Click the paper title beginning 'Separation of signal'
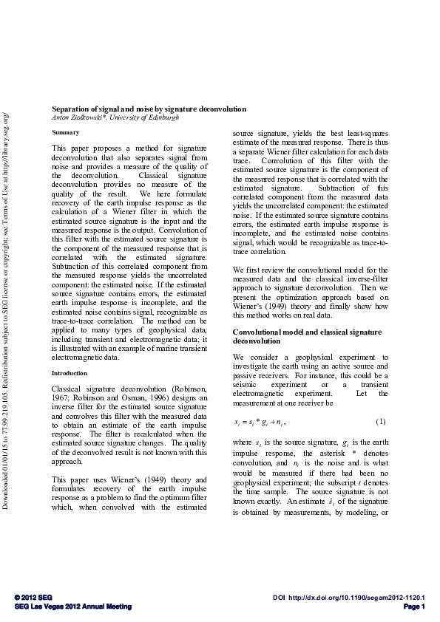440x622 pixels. coord(148,109)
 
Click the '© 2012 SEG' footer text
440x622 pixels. coord(33,596)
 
